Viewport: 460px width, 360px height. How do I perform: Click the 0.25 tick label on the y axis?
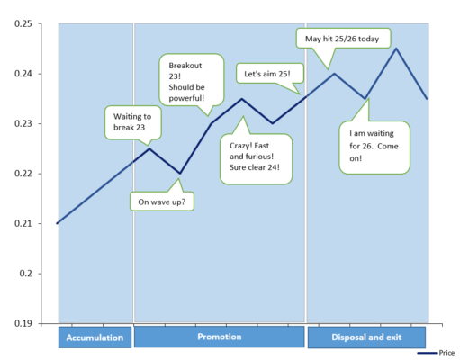(23, 23)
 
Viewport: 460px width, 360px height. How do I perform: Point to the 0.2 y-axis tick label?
(25, 274)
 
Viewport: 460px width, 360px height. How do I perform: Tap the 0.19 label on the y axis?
(23, 323)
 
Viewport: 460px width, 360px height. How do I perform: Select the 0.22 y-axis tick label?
(23, 174)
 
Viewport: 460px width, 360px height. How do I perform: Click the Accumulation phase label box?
(95, 337)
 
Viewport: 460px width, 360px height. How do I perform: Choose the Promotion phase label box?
(219, 337)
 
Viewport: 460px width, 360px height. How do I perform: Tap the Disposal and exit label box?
(366, 337)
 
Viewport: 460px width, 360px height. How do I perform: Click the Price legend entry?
(436, 353)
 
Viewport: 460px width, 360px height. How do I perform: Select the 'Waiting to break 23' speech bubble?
(133, 122)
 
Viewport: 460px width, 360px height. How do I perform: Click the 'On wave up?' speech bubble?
(162, 202)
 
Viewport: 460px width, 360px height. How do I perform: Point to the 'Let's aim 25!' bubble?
(270, 74)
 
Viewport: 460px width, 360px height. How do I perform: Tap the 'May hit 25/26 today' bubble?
(343, 39)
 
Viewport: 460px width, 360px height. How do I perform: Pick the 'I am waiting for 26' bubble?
(374, 147)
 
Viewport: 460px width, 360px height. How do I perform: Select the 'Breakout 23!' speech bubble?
(192, 80)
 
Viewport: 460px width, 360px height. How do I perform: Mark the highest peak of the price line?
(396, 49)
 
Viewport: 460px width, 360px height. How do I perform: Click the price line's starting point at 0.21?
(57, 223)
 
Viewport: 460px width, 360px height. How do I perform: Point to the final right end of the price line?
(427, 99)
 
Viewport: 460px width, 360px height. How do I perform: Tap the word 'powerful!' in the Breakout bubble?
(186, 98)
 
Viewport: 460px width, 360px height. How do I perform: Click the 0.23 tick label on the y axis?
(23, 123)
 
